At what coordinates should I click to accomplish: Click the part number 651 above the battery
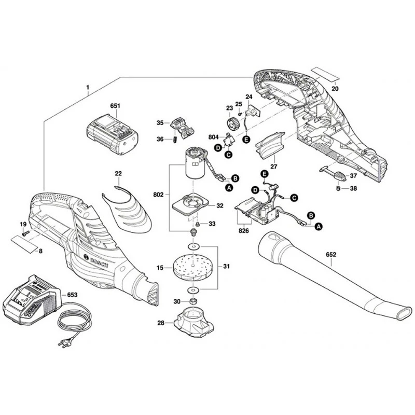pyautogui.click(x=115, y=106)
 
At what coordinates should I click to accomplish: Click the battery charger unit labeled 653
pyautogui.click(x=31, y=303)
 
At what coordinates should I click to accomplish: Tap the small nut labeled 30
pyautogui.click(x=192, y=302)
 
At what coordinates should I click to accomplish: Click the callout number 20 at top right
pyautogui.click(x=335, y=88)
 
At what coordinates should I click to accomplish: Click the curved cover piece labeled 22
pyautogui.click(x=127, y=208)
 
